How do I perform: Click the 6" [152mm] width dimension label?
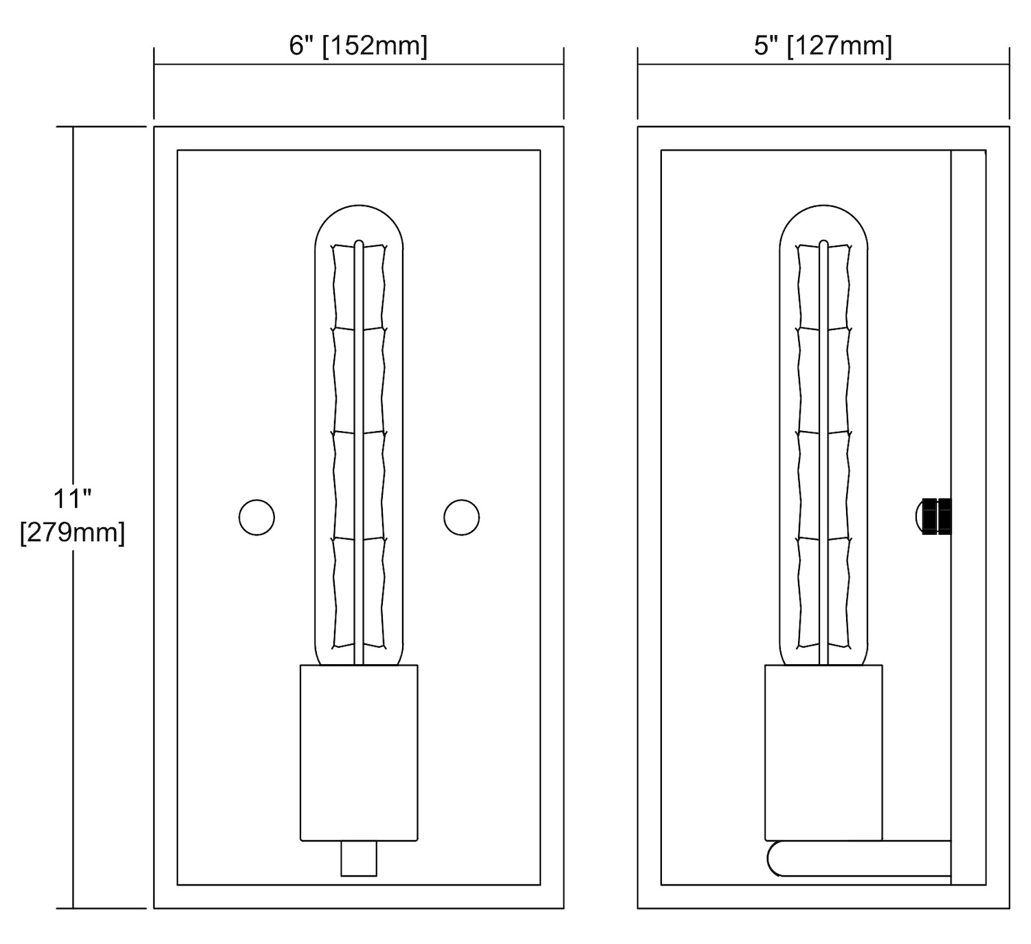[357, 46]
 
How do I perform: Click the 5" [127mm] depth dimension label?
[823, 46]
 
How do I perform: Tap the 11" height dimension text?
[72, 498]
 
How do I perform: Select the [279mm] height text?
[72, 533]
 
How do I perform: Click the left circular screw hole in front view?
[256, 517]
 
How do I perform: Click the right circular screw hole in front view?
[461, 517]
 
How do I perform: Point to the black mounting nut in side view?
[936, 517]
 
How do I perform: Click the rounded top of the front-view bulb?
[359, 206]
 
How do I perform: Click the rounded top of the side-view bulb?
[823, 206]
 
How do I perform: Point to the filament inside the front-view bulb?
[359, 446]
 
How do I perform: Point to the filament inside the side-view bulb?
[823, 446]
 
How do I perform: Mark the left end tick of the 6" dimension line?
[154, 65]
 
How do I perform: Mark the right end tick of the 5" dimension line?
[1010, 65]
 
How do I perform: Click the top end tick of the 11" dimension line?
[73, 127]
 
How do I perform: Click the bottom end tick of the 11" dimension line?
[73, 908]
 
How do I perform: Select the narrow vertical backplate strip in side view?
[968, 517]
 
